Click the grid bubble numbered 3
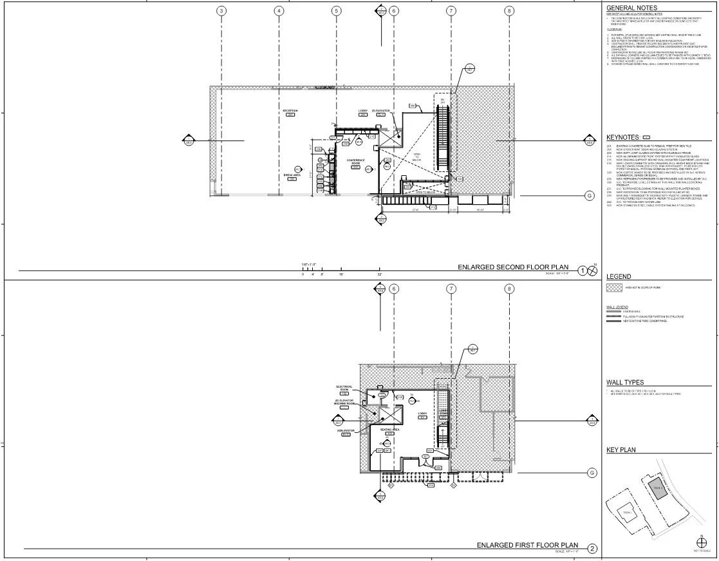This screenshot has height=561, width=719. click(222, 11)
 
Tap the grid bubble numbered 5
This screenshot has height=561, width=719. click(337, 11)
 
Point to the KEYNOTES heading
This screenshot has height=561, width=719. click(623, 137)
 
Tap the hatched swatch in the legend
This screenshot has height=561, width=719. click(614, 287)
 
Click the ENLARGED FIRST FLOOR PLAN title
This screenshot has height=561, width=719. click(527, 545)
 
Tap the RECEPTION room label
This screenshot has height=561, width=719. click(290, 111)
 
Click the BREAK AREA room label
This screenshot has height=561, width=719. click(292, 175)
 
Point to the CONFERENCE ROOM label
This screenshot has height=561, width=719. click(356, 162)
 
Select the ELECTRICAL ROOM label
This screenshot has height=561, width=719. click(344, 388)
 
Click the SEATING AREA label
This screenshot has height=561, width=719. click(390, 429)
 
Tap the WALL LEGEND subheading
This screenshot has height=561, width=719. click(617, 308)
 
